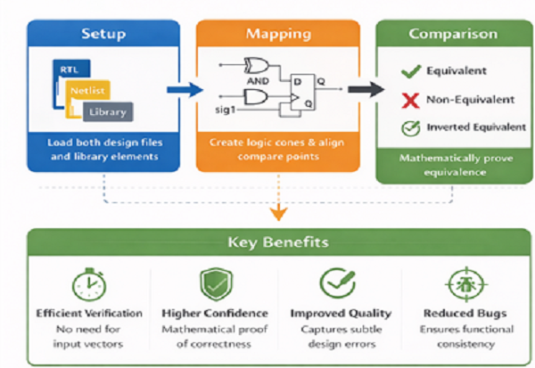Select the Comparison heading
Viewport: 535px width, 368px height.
453,35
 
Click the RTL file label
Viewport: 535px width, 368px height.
69,69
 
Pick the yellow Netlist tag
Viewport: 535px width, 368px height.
87,90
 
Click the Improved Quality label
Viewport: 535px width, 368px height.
341,314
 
